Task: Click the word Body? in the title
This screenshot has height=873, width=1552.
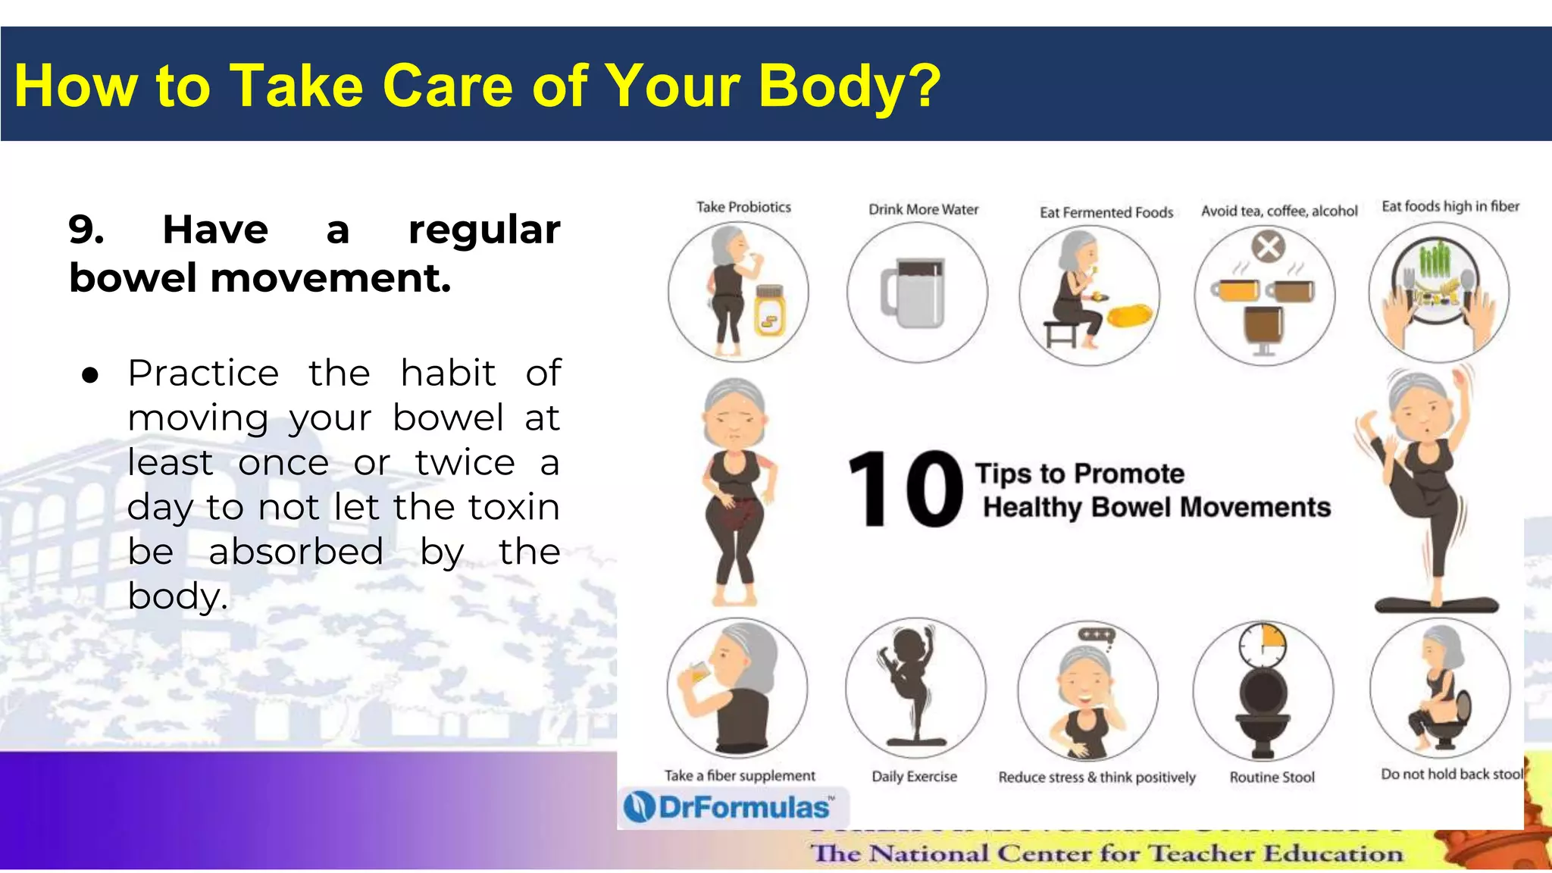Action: tap(849, 86)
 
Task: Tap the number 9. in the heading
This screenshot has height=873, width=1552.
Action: tap(86, 230)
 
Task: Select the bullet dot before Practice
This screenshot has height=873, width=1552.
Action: tap(90, 375)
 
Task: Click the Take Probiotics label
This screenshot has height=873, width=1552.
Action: tap(743, 207)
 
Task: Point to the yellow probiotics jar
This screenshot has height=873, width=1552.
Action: tap(769, 311)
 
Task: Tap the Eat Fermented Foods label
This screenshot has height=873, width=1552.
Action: tap(1106, 212)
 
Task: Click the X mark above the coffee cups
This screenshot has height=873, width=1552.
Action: tap(1268, 246)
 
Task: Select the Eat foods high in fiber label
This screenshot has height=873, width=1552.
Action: tap(1450, 206)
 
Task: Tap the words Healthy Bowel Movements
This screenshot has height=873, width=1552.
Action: tap(1156, 507)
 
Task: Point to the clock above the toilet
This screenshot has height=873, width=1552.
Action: tap(1262, 645)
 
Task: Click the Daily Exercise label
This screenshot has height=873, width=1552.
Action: tap(914, 776)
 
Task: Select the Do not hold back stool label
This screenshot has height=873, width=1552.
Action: tap(1450, 774)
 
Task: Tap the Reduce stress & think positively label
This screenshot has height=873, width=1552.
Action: tap(1096, 777)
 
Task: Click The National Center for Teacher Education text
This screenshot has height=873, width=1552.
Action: tap(1106, 853)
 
